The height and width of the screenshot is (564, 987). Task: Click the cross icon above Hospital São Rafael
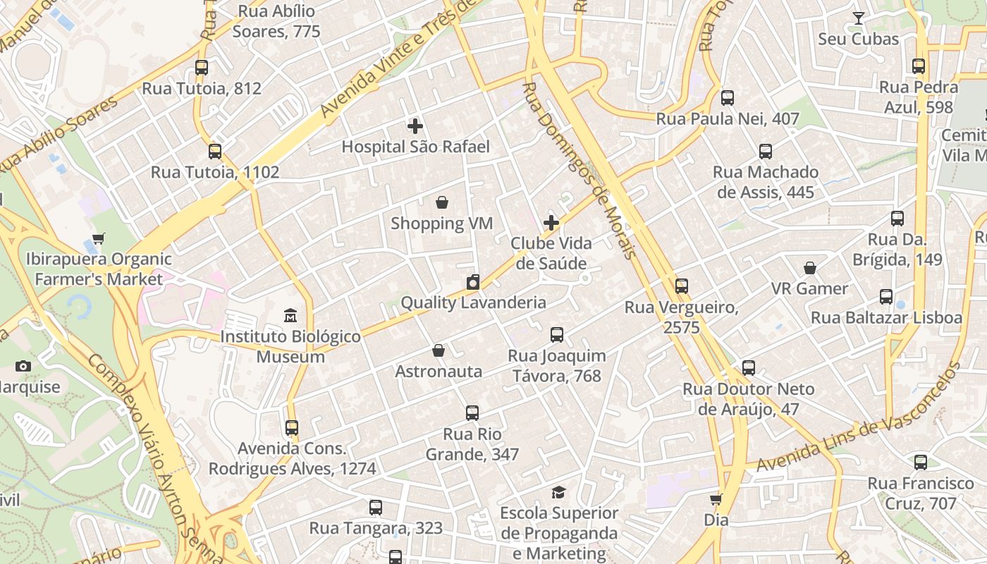point(415,126)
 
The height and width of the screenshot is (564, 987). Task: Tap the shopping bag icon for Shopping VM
point(442,203)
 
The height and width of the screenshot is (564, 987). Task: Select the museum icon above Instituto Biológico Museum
point(290,315)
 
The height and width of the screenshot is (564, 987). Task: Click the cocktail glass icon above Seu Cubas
point(858,18)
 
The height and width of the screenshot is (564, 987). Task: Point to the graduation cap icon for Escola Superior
point(558,492)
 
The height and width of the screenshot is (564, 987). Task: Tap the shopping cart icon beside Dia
point(716,500)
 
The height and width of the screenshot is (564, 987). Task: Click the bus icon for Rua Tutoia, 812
point(202,68)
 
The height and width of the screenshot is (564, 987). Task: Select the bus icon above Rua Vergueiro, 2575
point(681,286)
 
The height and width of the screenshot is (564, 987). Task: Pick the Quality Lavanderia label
point(473,302)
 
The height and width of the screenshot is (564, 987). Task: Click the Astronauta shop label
point(439,372)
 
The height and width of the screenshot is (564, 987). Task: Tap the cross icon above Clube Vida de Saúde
point(551,223)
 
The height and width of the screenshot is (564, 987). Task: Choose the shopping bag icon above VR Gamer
point(810,268)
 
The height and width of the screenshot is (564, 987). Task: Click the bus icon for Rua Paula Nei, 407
point(728,98)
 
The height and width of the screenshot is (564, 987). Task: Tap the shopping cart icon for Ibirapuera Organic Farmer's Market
point(99,239)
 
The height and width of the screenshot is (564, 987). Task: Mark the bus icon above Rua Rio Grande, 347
point(472,413)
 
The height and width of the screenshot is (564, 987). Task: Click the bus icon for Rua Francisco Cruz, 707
point(921,462)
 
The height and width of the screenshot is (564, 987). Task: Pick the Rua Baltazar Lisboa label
point(886,317)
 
